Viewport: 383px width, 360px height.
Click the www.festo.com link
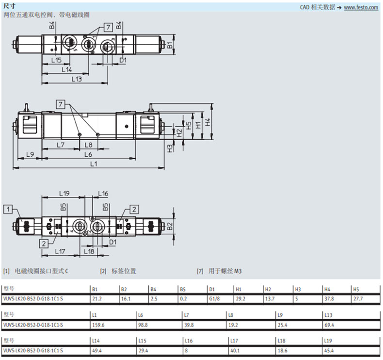click(361, 7)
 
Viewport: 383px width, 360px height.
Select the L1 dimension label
click(94, 164)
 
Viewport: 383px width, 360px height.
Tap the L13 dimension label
click(77, 79)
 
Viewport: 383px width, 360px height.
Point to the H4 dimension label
click(207, 122)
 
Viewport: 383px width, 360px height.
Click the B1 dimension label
click(170, 45)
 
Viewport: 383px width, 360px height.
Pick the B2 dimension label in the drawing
click(170, 226)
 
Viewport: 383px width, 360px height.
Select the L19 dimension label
click(64, 194)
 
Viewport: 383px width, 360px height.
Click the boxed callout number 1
click(8, 209)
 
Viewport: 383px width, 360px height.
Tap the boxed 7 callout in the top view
click(108, 27)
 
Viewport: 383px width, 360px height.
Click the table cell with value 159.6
click(98, 325)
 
